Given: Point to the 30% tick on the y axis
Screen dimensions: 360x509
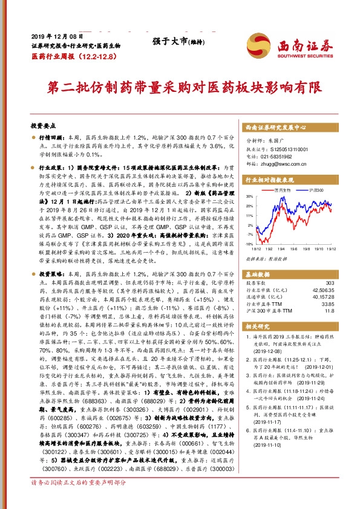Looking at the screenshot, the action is (x=249, y=196).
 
